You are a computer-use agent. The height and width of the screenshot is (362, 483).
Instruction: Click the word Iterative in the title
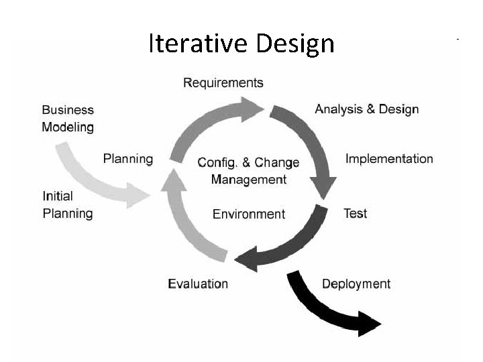(x=198, y=44)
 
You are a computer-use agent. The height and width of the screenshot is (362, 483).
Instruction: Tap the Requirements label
(x=223, y=82)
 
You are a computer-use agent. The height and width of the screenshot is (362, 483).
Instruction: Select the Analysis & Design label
(x=366, y=109)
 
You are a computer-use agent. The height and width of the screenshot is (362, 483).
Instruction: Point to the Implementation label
(x=389, y=159)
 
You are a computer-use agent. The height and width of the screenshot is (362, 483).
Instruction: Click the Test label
(x=355, y=214)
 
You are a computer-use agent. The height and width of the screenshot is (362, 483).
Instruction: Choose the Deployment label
(x=356, y=284)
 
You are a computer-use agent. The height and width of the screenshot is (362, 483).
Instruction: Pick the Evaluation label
(x=198, y=284)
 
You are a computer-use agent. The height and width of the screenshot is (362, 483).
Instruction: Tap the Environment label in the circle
(x=249, y=214)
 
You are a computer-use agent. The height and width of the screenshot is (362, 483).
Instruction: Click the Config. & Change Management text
(x=249, y=171)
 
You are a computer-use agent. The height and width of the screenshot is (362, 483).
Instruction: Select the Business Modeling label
(x=68, y=118)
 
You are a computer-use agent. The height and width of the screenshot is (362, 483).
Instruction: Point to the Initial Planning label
(x=68, y=205)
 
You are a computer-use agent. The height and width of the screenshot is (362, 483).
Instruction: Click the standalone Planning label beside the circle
(x=127, y=159)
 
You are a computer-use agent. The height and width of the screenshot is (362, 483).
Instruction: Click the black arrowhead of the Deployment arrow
(x=369, y=323)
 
